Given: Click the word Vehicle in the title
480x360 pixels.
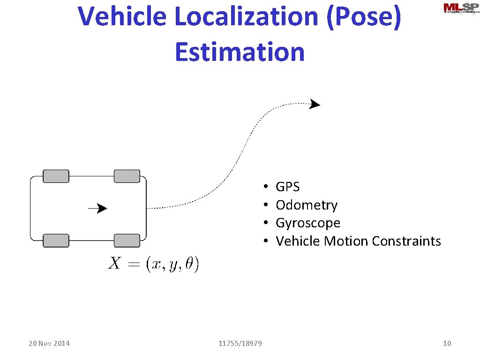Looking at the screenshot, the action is (x=123, y=16).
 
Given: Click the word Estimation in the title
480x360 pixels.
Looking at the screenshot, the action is (x=240, y=52).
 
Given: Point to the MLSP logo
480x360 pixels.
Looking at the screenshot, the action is (x=461, y=9).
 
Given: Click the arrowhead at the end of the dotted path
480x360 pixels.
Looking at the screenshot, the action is (x=315, y=104).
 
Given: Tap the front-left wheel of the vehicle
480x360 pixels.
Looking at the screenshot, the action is (x=127, y=176).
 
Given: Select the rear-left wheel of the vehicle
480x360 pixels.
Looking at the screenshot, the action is (x=56, y=176).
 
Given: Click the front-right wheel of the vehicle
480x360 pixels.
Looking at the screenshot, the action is (x=127, y=240).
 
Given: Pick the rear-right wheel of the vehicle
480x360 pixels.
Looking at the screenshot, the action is (x=56, y=240).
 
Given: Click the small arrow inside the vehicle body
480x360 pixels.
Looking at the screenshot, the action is (x=97, y=208).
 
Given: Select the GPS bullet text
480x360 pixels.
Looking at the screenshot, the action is (x=287, y=187).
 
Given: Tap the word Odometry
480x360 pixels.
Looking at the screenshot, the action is (x=307, y=205).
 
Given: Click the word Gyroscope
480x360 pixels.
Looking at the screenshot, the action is (x=308, y=223).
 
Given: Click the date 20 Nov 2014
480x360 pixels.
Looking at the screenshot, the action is (x=49, y=344).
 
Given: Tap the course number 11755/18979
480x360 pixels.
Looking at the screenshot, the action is (x=240, y=344).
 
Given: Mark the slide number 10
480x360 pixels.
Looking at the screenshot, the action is (x=447, y=344).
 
